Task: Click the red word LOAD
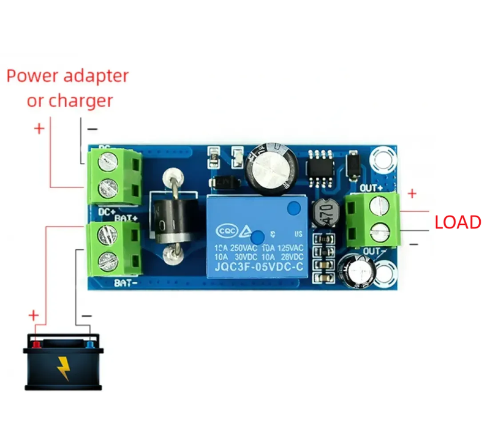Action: [x=458, y=222]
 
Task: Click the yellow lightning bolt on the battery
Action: [x=63, y=367]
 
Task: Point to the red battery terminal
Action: [x=36, y=345]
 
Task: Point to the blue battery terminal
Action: [x=90, y=345]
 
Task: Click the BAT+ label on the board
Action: [x=126, y=217]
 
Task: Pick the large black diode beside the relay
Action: [x=172, y=219]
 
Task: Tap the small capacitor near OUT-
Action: [x=359, y=270]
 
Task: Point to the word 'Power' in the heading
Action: [x=34, y=76]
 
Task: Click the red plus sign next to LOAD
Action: [x=412, y=194]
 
